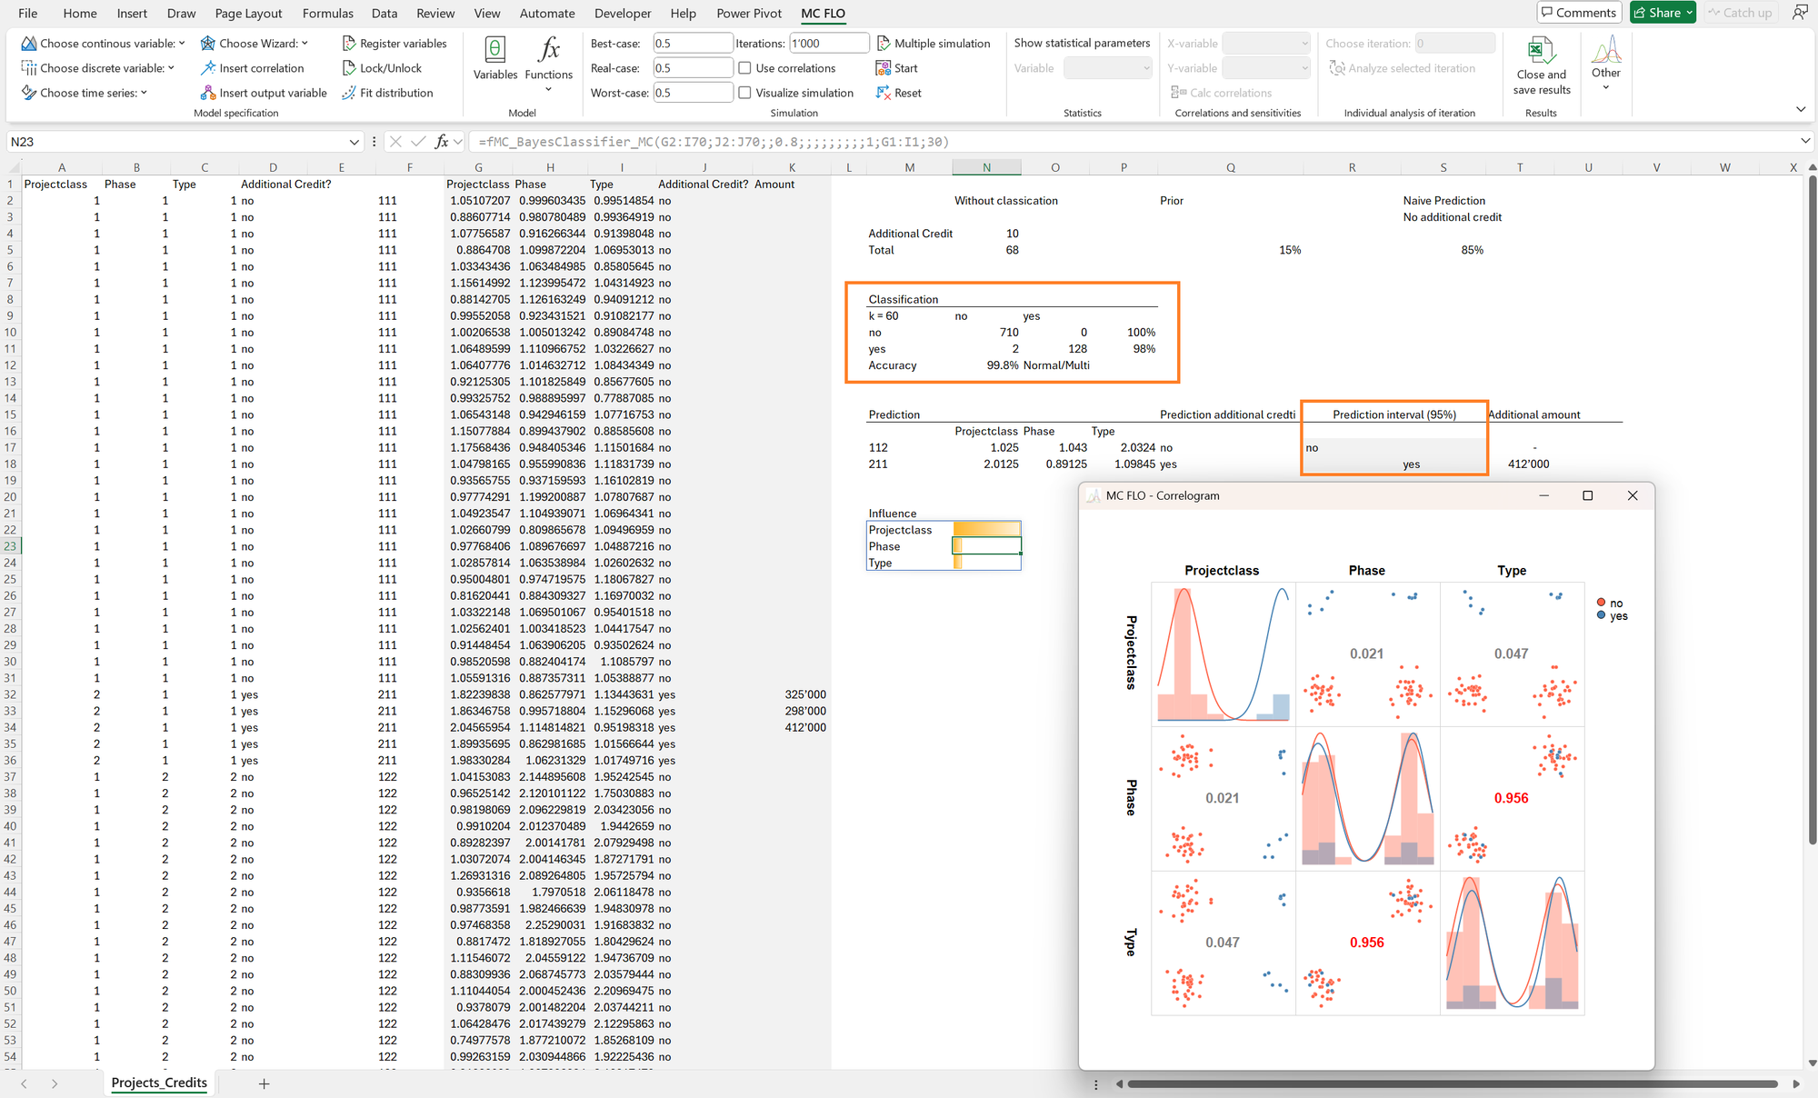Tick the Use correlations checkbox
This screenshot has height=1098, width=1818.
point(744,68)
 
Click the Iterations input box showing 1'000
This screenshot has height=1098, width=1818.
point(829,43)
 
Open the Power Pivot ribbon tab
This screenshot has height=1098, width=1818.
point(749,13)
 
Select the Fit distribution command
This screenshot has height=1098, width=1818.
point(387,93)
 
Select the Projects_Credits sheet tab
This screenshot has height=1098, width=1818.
point(159,1083)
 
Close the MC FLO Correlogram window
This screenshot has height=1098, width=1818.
point(1633,495)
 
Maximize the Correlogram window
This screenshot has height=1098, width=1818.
point(1587,495)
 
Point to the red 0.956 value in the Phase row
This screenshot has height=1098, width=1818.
point(1511,798)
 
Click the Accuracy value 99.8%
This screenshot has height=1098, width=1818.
point(1003,365)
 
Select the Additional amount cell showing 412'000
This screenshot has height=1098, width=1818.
point(1528,464)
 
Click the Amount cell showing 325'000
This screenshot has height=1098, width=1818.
point(805,694)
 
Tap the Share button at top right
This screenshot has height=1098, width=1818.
point(1663,13)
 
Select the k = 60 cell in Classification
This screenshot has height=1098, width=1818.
point(884,316)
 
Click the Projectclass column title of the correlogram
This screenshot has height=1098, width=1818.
point(1222,571)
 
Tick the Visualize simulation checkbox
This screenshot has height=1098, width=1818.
point(744,93)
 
